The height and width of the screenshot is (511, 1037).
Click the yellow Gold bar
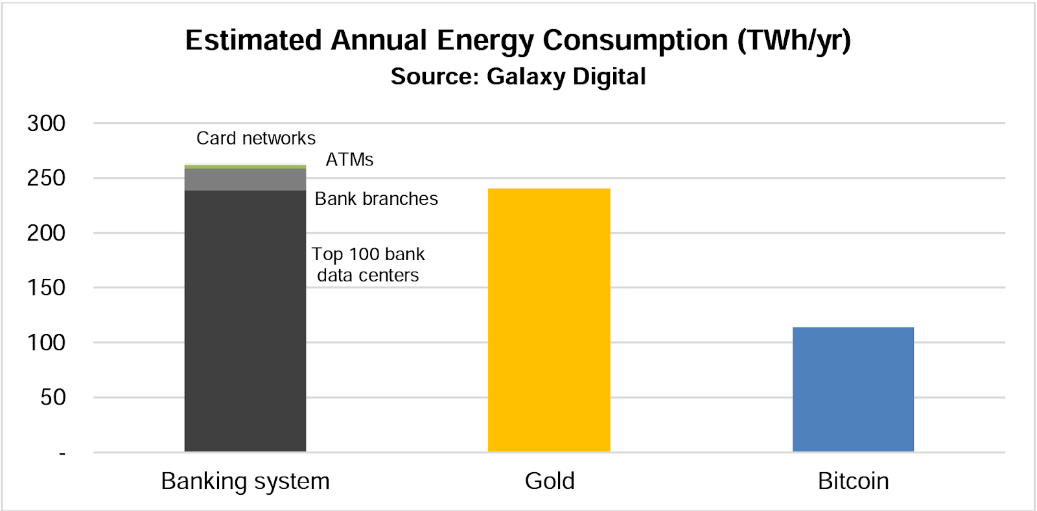pyautogui.click(x=549, y=320)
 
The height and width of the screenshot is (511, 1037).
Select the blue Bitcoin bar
pyautogui.click(x=853, y=390)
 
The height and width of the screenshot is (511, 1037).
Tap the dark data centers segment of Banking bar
pyautogui.click(x=245, y=321)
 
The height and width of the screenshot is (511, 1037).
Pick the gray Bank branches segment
pyautogui.click(x=245, y=180)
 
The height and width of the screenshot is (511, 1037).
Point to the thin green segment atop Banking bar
pyautogui.click(x=245, y=167)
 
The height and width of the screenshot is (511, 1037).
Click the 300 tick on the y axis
pyautogui.click(x=46, y=123)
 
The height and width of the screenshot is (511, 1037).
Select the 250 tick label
pyautogui.click(x=46, y=178)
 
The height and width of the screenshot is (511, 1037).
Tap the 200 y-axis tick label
pyautogui.click(x=46, y=233)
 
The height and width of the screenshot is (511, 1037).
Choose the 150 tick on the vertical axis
pyautogui.click(x=46, y=287)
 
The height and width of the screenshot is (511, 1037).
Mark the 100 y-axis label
pyautogui.click(x=46, y=342)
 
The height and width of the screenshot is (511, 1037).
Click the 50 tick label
pyautogui.click(x=52, y=397)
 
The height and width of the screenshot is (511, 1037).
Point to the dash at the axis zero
pyautogui.click(x=62, y=453)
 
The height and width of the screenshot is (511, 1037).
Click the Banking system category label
pyautogui.click(x=245, y=481)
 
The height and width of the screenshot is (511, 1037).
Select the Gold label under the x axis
pyautogui.click(x=550, y=481)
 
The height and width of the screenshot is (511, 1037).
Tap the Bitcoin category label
pyautogui.click(x=853, y=481)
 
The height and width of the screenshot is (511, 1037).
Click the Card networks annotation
pyautogui.click(x=256, y=138)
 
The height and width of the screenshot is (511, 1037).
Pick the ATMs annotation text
pyautogui.click(x=349, y=160)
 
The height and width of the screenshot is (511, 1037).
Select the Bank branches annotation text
pyautogui.click(x=376, y=198)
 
